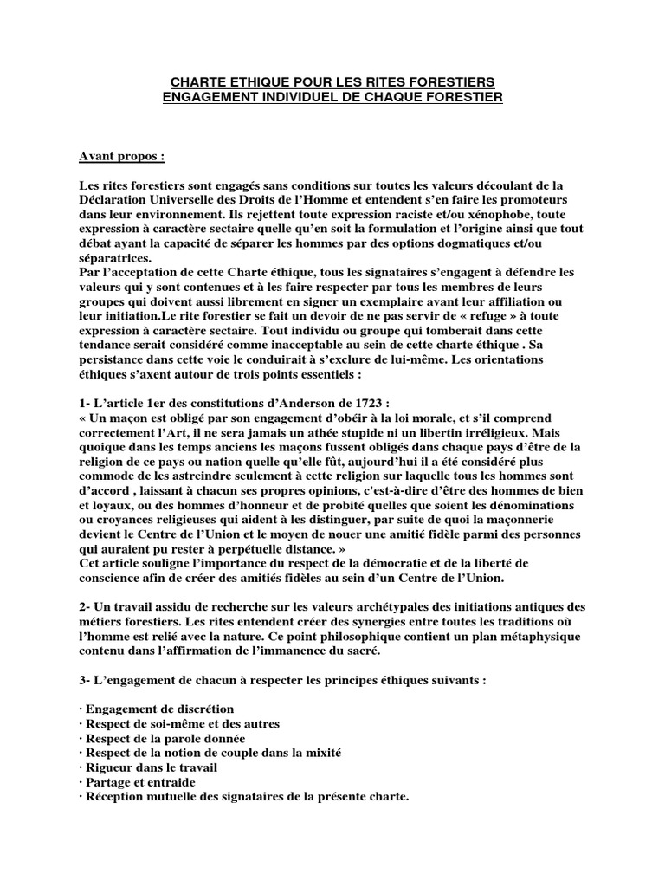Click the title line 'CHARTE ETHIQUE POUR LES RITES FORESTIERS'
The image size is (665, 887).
332,81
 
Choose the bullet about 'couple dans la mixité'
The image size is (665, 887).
210,753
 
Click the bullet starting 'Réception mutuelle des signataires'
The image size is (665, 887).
243,797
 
